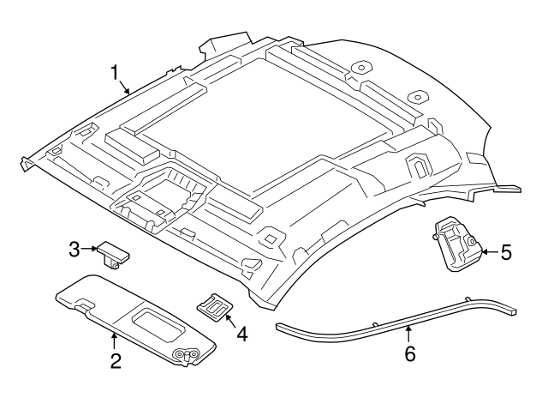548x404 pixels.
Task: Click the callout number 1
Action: tap(115, 73)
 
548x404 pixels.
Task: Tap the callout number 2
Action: tap(114, 360)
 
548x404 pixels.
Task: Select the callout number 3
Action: tap(75, 250)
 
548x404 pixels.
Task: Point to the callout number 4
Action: tap(242, 333)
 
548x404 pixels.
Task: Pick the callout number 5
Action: tap(505, 252)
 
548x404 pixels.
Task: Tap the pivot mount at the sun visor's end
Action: tap(184, 353)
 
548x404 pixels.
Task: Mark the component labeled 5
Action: tap(456, 245)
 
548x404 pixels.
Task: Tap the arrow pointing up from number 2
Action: tap(113, 337)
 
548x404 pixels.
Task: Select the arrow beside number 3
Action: tap(89, 250)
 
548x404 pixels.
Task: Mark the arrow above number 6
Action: tap(408, 332)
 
